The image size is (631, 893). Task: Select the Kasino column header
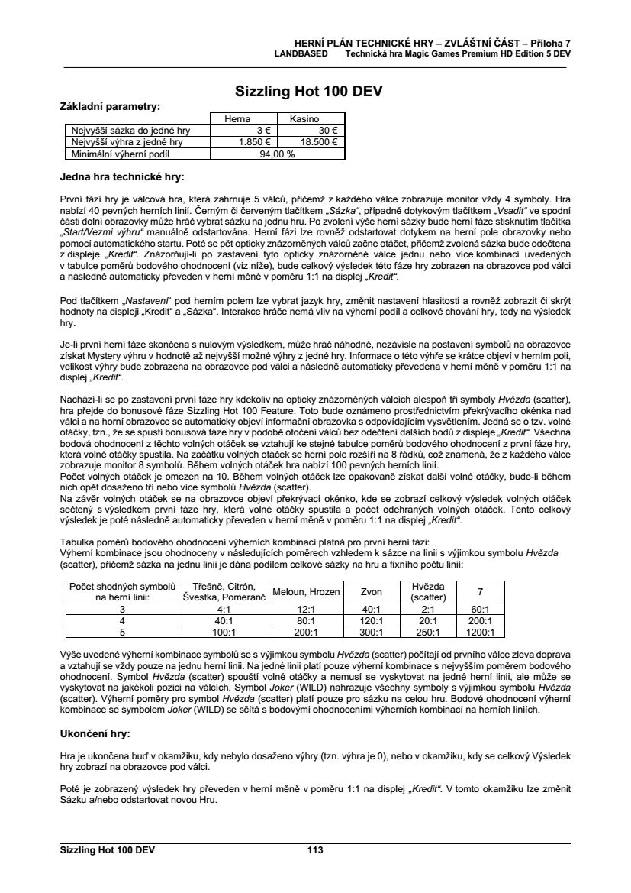pyautogui.click(x=304, y=119)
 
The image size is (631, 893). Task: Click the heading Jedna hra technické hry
pyautogui.click(x=121, y=177)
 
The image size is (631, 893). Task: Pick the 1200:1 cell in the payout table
pyautogui.click(x=480, y=632)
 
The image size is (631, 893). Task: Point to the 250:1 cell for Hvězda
pyautogui.click(x=428, y=632)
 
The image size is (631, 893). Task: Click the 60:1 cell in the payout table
pyautogui.click(x=480, y=610)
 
